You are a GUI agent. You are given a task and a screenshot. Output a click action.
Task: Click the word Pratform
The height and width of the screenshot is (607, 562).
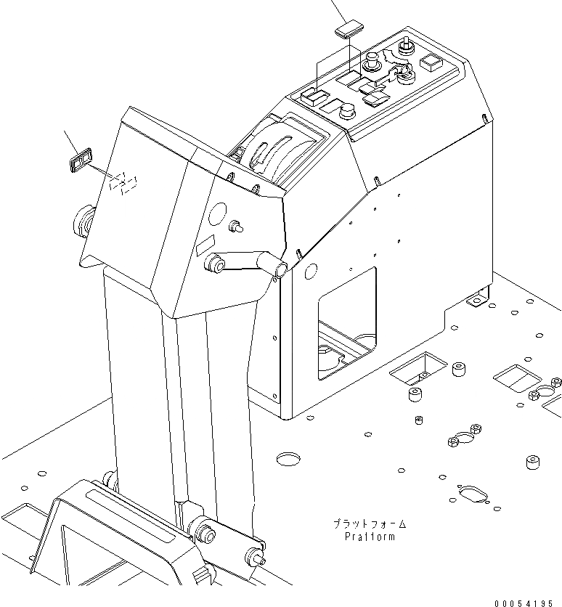[370, 537]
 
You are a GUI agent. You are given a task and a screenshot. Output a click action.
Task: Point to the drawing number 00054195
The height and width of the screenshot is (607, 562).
[528, 603]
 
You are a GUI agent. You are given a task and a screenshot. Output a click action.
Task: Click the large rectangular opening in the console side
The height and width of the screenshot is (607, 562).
[346, 323]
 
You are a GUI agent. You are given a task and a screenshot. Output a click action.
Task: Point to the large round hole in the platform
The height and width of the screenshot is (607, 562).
[289, 458]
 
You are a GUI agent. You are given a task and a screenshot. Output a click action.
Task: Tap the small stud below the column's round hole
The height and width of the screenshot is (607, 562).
[236, 227]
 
